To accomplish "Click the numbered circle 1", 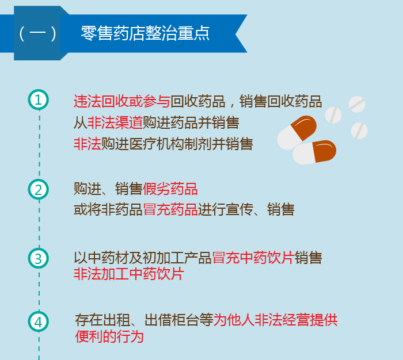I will click(x=39, y=99).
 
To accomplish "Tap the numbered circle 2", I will click(x=39, y=189).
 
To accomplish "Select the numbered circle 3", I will click(x=39, y=258).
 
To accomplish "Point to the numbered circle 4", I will click(x=39, y=321).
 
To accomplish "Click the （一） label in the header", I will click(x=37, y=33).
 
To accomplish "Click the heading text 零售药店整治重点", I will click(x=145, y=33).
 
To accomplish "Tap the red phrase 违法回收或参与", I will click(x=121, y=102).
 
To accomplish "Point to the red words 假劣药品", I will click(x=170, y=189).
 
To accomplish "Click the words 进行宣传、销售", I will click(x=246, y=209).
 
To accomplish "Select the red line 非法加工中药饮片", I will click(x=128, y=274).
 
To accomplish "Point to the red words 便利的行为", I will click(x=109, y=336).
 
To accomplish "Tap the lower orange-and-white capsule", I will click(x=314, y=152).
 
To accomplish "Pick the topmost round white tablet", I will click(x=357, y=104).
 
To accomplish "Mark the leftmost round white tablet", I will click(x=333, y=114).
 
